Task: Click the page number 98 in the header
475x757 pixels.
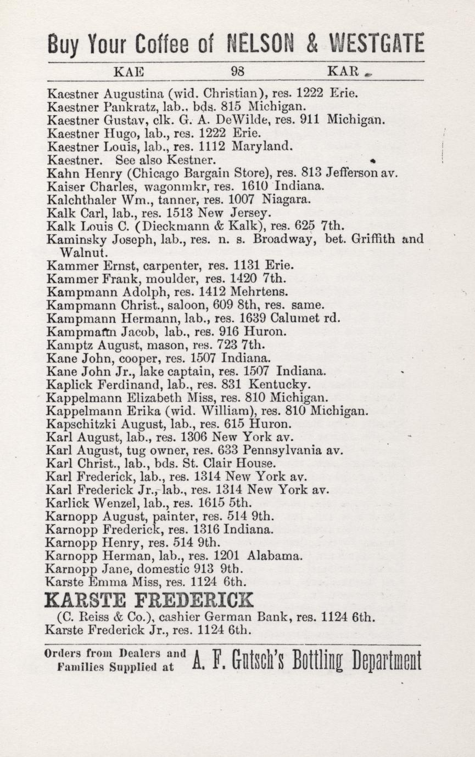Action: coord(238,71)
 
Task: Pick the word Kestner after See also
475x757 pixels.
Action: coord(195,160)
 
